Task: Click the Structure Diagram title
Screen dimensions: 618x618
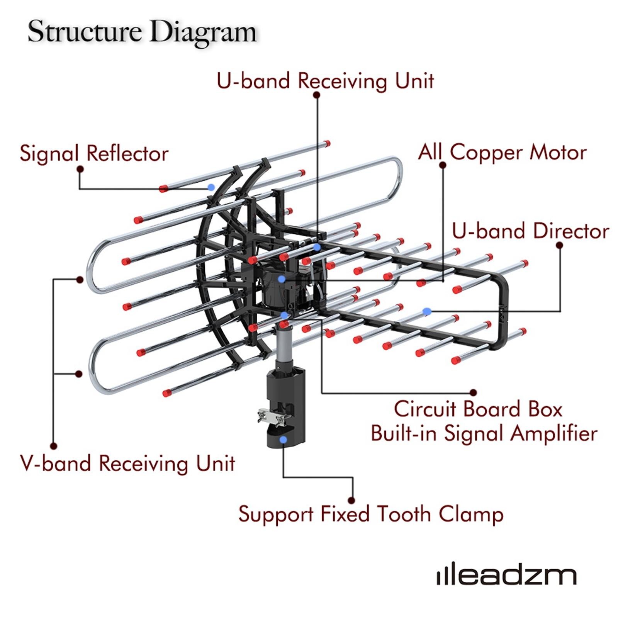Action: coord(142,32)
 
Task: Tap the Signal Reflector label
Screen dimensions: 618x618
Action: coord(94,153)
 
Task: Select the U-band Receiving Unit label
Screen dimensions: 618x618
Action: coord(325,81)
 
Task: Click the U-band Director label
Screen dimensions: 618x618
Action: coord(530,231)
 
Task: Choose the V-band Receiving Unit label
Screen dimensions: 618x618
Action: coord(127,463)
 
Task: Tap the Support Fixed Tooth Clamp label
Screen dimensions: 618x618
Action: coord(371,514)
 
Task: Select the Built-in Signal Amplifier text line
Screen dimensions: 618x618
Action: coord(484,433)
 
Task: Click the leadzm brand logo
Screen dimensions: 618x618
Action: coord(506,576)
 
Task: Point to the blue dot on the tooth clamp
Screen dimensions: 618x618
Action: coord(284,440)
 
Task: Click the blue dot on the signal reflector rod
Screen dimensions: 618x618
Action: coord(211,187)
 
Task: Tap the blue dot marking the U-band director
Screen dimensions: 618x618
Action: coord(426,311)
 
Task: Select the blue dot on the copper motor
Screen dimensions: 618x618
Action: coord(282,279)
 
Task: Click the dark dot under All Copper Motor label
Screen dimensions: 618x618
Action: coord(443,165)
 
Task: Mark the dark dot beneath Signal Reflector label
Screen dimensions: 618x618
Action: coord(80,169)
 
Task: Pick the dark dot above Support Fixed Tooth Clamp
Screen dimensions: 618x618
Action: coord(351,500)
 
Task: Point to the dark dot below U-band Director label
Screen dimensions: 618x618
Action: coord(559,245)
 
